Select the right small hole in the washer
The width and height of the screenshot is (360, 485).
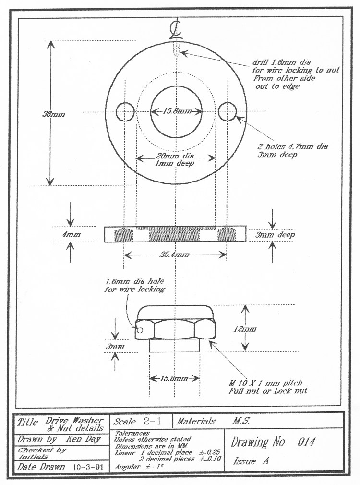point(226,111)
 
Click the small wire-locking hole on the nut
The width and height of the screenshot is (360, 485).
point(140,330)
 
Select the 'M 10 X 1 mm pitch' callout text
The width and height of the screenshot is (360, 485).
point(267,383)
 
